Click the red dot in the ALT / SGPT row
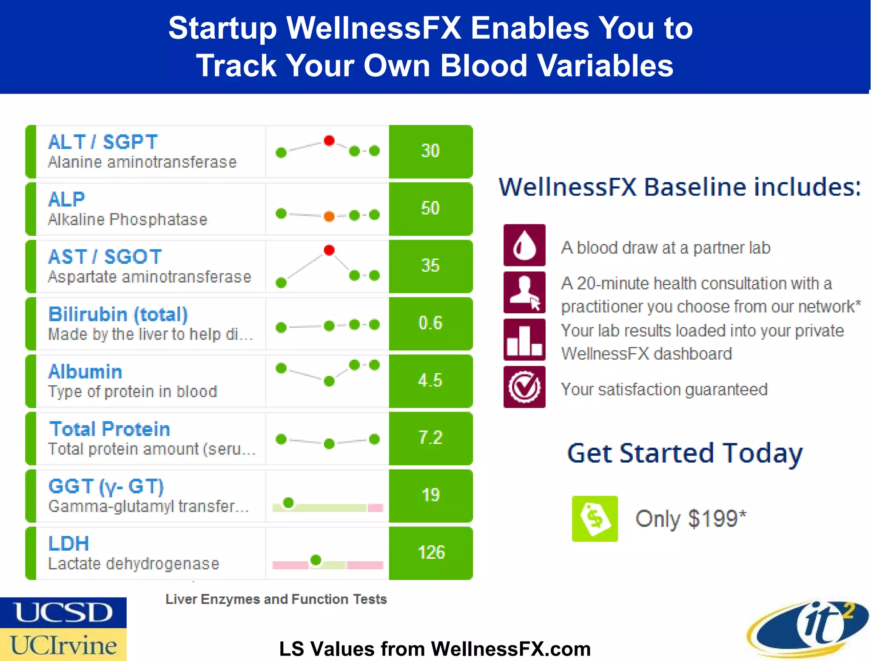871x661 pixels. pyautogui.click(x=329, y=140)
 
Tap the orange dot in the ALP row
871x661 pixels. pyautogui.click(x=329, y=216)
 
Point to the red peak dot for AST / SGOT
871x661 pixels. pyautogui.click(x=329, y=250)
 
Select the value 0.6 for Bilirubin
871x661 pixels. pyautogui.click(x=430, y=323)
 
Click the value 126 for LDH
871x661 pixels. pyautogui.click(x=431, y=552)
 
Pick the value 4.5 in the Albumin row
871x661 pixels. pyautogui.click(x=430, y=381)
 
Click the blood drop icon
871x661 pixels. pyautogui.click(x=524, y=246)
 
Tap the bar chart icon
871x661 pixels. pyautogui.click(x=524, y=340)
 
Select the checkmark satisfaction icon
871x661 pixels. pyautogui.click(x=524, y=387)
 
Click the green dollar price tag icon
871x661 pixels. pyautogui.click(x=595, y=518)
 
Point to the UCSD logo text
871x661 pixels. pyautogui.click(x=63, y=612)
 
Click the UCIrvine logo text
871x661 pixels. pyautogui.click(x=63, y=645)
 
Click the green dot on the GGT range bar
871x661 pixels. pyautogui.click(x=288, y=503)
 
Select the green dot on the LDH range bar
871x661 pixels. pyautogui.click(x=316, y=560)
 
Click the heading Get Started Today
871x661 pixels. pyautogui.click(x=685, y=453)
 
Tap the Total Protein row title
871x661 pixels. pyautogui.click(x=110, y=429)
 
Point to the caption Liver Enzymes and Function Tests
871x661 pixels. pyautogui.click(x=276, y=599)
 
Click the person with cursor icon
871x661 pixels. pyautogui.click(x=524, y=292)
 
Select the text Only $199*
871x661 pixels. pyautogui.click(x=690, y=518)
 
